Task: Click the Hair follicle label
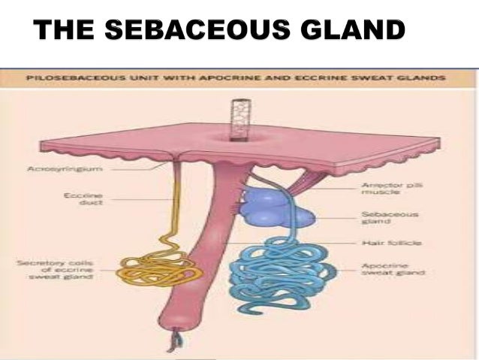point(379,244)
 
